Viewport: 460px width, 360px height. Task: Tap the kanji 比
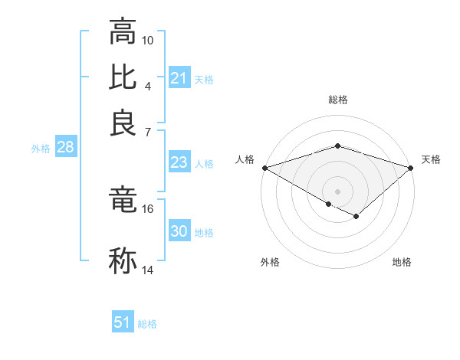(x=123, y=78)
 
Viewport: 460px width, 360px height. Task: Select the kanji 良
(x=123, y=123)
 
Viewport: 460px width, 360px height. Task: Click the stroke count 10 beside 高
(x=148, y=40)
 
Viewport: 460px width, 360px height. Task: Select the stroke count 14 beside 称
(x=148, y=270)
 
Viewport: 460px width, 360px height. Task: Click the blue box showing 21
(x=179, y=78)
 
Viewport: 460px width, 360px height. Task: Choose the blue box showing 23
(x=179, y=162)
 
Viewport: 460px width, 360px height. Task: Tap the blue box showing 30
(x=179, y=231)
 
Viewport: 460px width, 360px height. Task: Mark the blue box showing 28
(x=65, y=148)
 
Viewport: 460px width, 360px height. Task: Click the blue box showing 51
(x=123, y=322)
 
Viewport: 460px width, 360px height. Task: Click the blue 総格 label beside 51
(x=147, y=324)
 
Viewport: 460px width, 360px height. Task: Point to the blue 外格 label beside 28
(x=40, y=149)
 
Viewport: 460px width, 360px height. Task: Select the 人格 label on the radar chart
(x=245, y=159)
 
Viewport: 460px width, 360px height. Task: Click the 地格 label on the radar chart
(x=402, y=263)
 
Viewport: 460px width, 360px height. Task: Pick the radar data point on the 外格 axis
(x=328, y=204)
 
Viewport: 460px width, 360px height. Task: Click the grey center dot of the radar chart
(x=337, y=191)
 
